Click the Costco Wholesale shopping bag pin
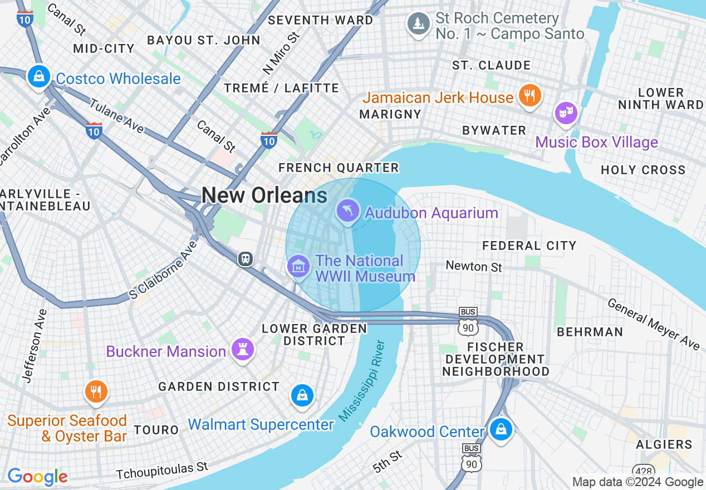[38, 76]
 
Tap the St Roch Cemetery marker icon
[418, 23]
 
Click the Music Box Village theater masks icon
[566, 112]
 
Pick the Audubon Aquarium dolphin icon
[348, 211]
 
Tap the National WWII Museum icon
[299, 266]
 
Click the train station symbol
[245, 258]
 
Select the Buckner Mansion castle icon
[243, 350]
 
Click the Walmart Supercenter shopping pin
[302, 395]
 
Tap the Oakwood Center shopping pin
[501, 429]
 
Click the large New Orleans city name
[264, 195]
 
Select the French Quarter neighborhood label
[339, 168]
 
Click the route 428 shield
[643, 471]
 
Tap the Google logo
[37, 477]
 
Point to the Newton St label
[474, 267]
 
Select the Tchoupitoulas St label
[161, 471]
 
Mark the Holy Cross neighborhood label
[643, 170]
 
